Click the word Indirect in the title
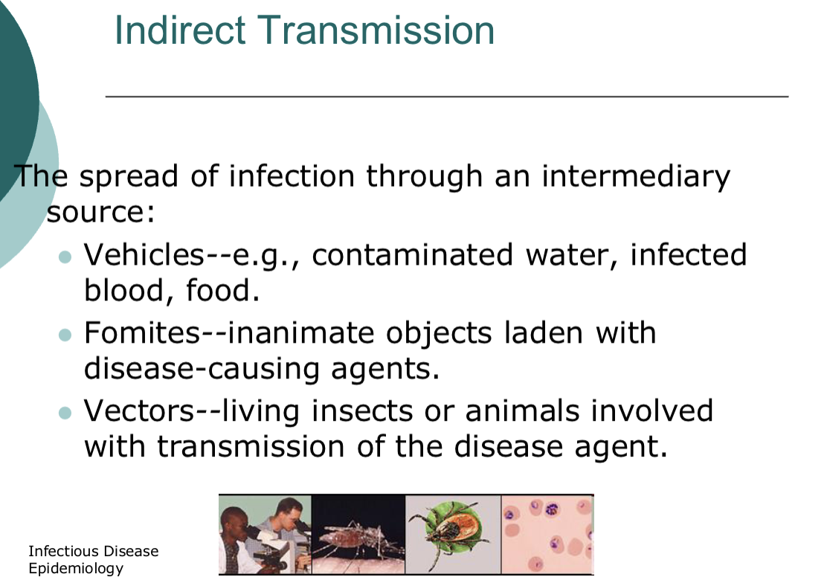click(179, 31)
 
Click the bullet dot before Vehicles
click(65, 257)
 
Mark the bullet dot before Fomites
click(65, 335)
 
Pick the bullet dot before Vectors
click(65, 413)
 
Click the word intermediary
click(636, 177)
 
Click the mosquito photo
click(358, 535)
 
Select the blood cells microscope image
click(547, 535)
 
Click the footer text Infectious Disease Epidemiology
click(93, 560)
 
